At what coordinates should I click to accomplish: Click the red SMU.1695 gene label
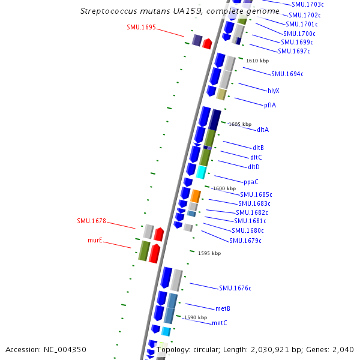(141, 27)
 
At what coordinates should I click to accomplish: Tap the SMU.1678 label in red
(91, 221)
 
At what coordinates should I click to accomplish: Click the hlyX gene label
(274, 91)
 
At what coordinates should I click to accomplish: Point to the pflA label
(270, 105)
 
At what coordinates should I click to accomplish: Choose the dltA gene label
(263, 130)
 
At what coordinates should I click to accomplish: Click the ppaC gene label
(251, 182)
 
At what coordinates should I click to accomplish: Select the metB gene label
(223, 308)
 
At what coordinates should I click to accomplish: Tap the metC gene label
(220, 323)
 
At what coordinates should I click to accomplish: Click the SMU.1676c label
(235, 289)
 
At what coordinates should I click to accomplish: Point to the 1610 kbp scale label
(257, 61)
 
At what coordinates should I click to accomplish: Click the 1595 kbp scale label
(209, 253)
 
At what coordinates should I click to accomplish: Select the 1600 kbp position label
(224, 188)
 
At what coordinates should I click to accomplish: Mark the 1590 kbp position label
(196, 317)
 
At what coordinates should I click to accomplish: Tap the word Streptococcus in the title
(108, 11)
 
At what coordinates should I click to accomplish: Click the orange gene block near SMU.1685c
(196, 196)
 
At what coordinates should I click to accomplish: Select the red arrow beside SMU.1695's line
(207, 43)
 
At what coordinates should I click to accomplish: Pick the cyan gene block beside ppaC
(202, 172)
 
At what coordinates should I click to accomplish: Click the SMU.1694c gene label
(287, 74)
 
